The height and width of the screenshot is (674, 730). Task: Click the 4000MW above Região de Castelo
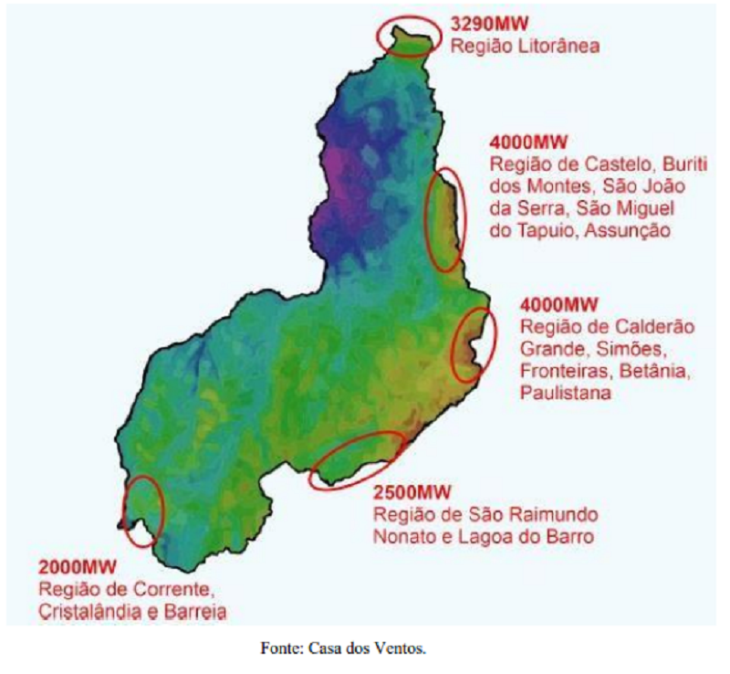[x=529, y=142]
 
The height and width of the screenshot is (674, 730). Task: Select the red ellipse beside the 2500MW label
[x=357, y=459]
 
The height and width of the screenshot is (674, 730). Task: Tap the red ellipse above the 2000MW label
[x=143, y=511]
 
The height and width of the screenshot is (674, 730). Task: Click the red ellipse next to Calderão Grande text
[x=474, y=344]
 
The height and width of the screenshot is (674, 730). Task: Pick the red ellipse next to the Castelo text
[x=446, y=219]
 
